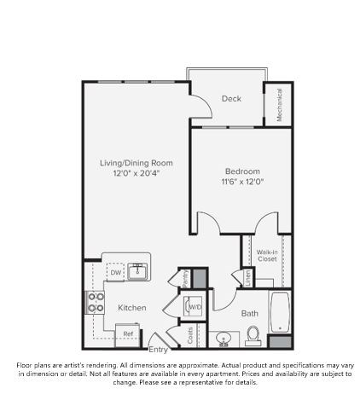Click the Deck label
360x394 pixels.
coord(231,99)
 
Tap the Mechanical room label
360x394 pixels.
coord(280,104)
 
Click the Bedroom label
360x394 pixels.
coord(241,171)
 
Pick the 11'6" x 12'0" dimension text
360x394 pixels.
coord(241,182)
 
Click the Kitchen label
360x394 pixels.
coord(131,307)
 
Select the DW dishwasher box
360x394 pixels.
coord(116,272)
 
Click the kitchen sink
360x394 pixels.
coord(138,270)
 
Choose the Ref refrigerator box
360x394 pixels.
coord(127,333)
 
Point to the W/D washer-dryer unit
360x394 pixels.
coord(194,306)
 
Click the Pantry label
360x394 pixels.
coord(183,277)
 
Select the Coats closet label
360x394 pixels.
coord(189,335)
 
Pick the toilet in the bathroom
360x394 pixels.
coord(253,338)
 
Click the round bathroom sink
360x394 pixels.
coord(224,338)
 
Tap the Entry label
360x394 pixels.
coord(159,349)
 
